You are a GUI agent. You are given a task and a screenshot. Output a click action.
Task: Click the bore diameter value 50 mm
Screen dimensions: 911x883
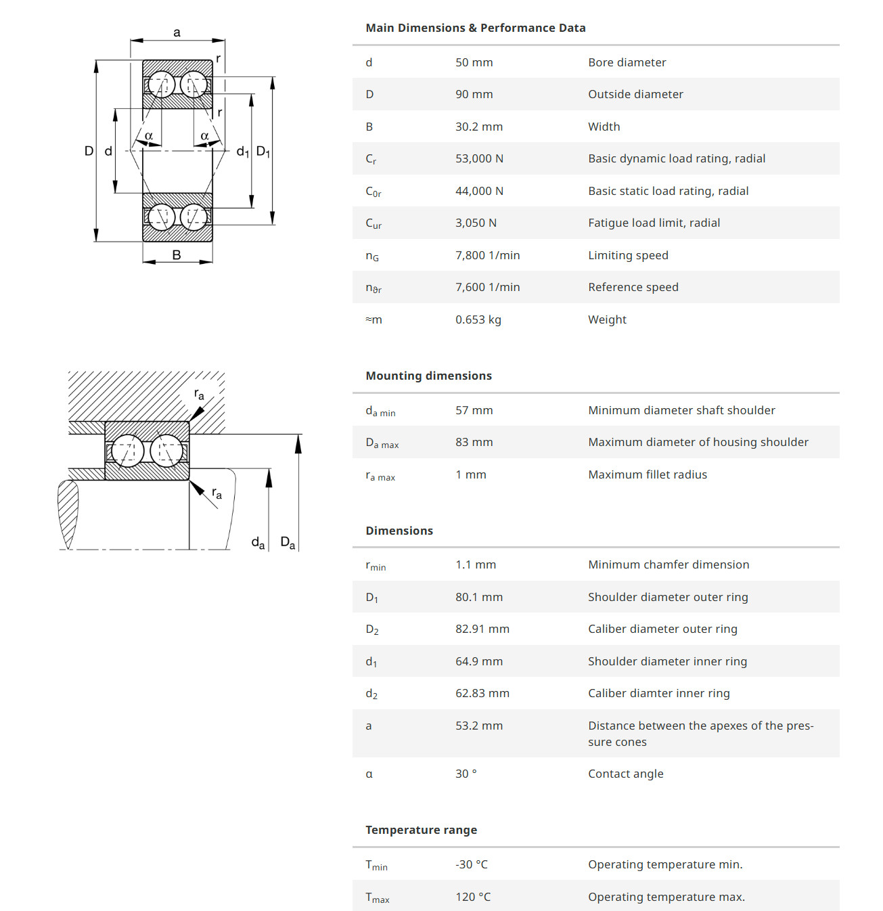tap(474, 62)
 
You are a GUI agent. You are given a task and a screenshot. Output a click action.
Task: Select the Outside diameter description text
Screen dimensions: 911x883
tap(635, 94)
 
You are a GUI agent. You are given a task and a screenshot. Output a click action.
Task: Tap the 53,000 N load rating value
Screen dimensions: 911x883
tap(479, 158)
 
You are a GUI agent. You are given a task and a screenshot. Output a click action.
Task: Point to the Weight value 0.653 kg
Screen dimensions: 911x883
tap(478, 319)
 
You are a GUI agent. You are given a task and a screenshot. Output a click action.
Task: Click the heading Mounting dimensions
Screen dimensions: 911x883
tap(428, 376)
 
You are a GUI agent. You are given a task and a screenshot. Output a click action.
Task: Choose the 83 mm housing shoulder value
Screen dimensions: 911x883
tap(474, 442)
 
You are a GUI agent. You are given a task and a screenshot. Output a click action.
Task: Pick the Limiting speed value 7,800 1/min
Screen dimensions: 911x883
tap(487, 255)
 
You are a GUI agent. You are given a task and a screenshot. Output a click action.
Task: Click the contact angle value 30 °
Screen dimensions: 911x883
tap(466, 774)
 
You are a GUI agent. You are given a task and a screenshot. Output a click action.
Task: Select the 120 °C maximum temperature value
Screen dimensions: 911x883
tap(473, 897)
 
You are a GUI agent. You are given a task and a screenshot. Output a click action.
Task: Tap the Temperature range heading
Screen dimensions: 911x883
tap(421, 830)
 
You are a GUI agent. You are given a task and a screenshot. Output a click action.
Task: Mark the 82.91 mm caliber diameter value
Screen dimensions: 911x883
tap(482, 629)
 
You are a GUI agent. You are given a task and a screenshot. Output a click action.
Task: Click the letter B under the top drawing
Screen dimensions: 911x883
tap(177, 255)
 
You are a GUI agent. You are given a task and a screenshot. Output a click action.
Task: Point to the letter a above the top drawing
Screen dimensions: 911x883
tap(177, 32)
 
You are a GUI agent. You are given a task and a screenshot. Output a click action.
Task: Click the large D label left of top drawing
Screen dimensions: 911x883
tap(89, 151)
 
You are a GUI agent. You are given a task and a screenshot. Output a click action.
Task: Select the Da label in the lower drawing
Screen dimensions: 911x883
tap(288, 543)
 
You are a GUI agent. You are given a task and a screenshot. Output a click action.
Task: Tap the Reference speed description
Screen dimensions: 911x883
tap(633, 287)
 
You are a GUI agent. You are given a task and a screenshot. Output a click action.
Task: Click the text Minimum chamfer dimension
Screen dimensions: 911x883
tap(668, 564)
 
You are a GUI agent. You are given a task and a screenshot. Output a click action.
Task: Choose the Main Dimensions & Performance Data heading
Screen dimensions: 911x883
tap(475, 28)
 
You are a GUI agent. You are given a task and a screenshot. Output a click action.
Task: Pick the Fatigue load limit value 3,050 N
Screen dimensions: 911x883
tap(476, 223)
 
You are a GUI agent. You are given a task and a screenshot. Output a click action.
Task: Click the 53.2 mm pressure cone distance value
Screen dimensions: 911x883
tap(478, 726)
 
